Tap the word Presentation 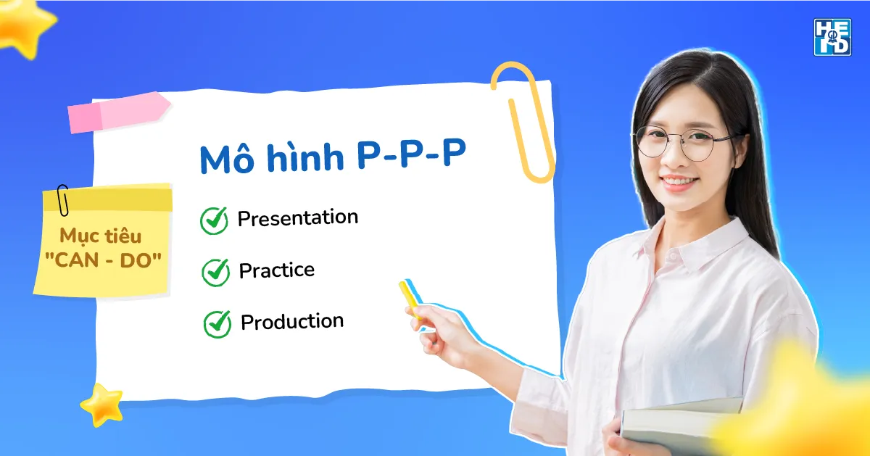[x=298, y=217]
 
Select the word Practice [x=277, y=270]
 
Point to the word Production [x=292, y=322]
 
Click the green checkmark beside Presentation [x=214, y=220]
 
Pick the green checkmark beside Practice [x=215, y=272]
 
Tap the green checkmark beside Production [x=217, y=324]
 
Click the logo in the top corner [x=832, y=37]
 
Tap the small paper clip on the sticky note [x=63, y=199]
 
